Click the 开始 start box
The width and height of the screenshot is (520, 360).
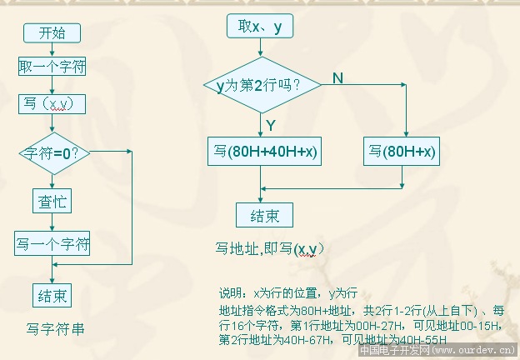click(x=52, y=32)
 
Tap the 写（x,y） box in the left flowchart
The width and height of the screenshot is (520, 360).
click(x=52, y=102)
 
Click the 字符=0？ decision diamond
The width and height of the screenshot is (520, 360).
click(x=53, y=152)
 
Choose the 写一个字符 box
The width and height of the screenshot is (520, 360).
click(x=52, y=244)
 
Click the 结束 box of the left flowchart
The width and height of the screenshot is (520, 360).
click(x=52, y=295)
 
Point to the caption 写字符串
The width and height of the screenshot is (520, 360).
click(x=55, y=328)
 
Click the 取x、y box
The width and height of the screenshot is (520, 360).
click(x=260, y=27)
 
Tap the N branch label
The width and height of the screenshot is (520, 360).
click(x=337, y=77)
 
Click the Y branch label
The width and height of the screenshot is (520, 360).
click(x=270, y=125)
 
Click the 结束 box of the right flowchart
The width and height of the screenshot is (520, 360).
click(x=264, y=216)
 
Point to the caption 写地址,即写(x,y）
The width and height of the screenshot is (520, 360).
click(x=270, y=248)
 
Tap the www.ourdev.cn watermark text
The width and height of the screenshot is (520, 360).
click(x=474, y=352)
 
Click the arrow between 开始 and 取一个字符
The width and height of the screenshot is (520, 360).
click(x=52, y=49)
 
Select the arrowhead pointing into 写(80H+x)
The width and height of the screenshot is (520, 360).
click(x=404, y=136)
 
